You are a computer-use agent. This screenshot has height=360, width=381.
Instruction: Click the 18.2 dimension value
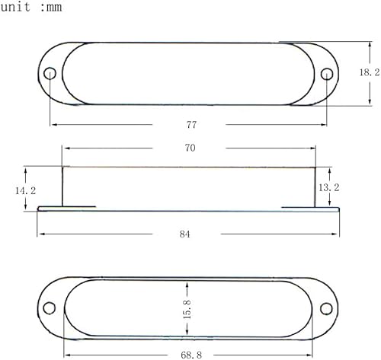click(x=368, y=72)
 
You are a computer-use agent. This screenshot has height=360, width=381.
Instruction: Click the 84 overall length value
click(x=185, y=235)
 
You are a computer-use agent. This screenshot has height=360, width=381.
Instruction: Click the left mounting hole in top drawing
click(x=50, y=74)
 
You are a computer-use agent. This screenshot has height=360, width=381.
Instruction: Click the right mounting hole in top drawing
click(x=327, y=74)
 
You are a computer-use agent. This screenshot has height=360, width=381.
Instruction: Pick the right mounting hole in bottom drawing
click(x=327, y=307)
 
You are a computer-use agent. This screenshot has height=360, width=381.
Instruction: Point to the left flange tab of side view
click(x=66, y=206)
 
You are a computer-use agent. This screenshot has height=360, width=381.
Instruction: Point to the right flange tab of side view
click(x=309, y=206)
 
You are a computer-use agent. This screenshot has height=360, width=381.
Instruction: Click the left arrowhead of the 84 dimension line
click(x=41, y=233)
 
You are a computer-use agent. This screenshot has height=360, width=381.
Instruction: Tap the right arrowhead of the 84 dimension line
click(x=336, y=233)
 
